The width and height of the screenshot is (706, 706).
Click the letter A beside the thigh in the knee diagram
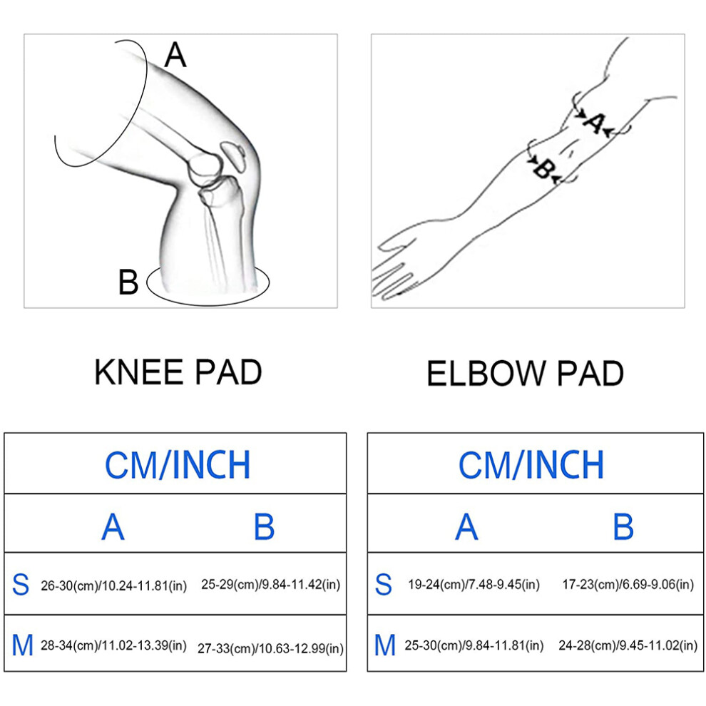click(175, 55)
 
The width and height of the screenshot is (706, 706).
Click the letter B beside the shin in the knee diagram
click(128, 282)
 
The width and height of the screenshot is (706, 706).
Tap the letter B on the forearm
click(543, 169)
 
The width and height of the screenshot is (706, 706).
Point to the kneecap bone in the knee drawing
click(234, 156)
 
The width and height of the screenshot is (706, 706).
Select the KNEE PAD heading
click(178, 372)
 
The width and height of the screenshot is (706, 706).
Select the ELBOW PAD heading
click(525, 373)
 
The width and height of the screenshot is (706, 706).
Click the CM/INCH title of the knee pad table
click(178, 465)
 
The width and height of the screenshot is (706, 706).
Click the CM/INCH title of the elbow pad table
click(531, 465)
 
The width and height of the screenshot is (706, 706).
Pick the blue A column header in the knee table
click(113, 526)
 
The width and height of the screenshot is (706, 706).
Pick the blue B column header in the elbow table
click(623, 526)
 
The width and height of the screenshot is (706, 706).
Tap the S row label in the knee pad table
click(21, 585)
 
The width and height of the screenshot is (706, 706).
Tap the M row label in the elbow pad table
click(385, 645)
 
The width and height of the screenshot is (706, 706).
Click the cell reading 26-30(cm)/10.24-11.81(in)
click(114, 585)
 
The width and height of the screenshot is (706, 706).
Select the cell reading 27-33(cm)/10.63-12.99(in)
click(270, 649)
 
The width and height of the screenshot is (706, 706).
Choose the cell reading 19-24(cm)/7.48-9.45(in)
click(474, 585)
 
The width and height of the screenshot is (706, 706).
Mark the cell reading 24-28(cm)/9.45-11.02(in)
click(628, 645)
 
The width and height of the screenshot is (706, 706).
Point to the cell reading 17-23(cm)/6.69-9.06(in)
click(628, 585)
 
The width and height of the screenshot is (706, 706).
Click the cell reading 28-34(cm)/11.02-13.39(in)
click(114, 645)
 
